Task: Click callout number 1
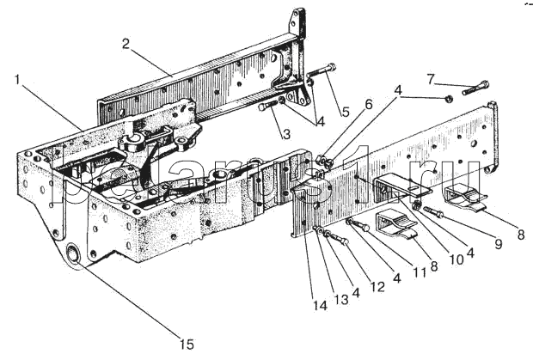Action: tap(18, 80)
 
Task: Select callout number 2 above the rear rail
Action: tap(126, 44)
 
